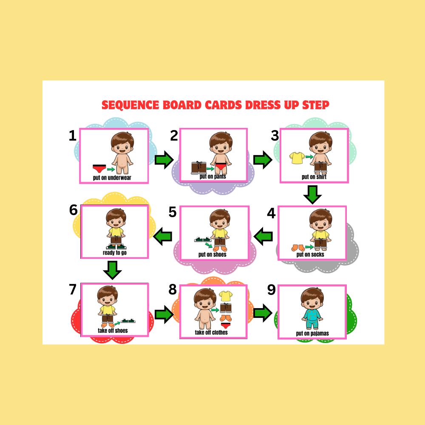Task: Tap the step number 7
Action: tap(73, 289)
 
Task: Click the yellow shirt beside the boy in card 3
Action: tap(296, 158)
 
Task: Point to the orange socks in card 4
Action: tap(297, 247)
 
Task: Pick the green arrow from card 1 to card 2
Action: tap(164, 160)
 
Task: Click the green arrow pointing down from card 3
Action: tap(312, 195)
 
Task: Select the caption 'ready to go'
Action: tap(115, 253)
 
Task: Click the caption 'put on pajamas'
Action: tap(312, 334)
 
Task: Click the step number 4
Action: tap(271, 212)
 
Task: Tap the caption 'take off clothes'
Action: tap(211, 332)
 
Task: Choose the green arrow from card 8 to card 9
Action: tap(263, 314)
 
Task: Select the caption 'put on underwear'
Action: tap(112, 178)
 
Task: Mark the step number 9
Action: tap(272, 290)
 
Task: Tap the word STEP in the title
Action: tap(313, 105)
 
